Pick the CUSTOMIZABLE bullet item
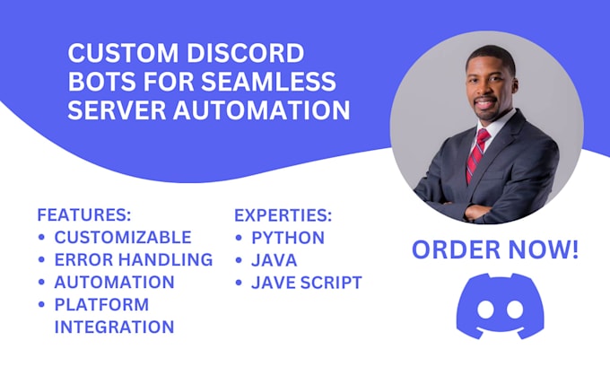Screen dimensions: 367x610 pyautogui.click(x=122, y=238)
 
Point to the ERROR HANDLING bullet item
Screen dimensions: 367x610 pyautogui.click(x=133, y=260)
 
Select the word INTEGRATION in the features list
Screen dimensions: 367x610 pyautogui.click(x=114, y=327)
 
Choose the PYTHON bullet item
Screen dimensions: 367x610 pyautogui.click(x=287, y=238)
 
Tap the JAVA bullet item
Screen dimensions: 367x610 pyautogui.click(x=273, y=260)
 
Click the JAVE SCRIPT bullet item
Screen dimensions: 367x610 pyautogui.click(x=306, y=283)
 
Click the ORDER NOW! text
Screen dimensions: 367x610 pyautogui.click(x=495, y=250)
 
